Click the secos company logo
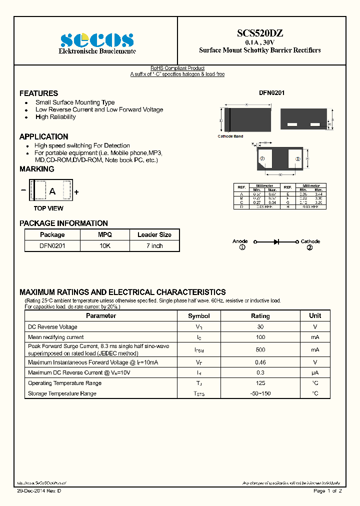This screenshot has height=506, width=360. [x=97, y=40]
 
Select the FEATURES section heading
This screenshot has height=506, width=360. [x=38, y=93]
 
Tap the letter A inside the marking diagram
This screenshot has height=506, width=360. [x=51, y=191]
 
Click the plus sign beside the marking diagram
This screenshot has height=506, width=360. [x=76, y=192]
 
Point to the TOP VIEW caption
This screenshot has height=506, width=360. [x=48, y=208]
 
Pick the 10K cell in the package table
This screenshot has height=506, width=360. [x=105, y=246]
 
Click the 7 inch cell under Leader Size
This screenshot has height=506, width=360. [x=154, y=246]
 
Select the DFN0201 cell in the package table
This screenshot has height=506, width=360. [x=52, y=246]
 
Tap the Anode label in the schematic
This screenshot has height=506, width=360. [x=240, y=241]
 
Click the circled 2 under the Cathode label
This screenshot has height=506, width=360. [x=309, y=247]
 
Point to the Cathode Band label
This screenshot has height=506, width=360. [x=230, y=136]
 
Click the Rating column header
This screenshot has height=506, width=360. [x=260, y=316]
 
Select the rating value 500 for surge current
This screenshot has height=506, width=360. [x=260, y=349]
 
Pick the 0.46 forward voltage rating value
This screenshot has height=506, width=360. [x=260, y=362]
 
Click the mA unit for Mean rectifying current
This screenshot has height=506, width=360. [x=315, y=337]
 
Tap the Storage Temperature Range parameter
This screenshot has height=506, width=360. [x=62, y=393]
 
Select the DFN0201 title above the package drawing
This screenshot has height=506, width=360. [x=271, y=93]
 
